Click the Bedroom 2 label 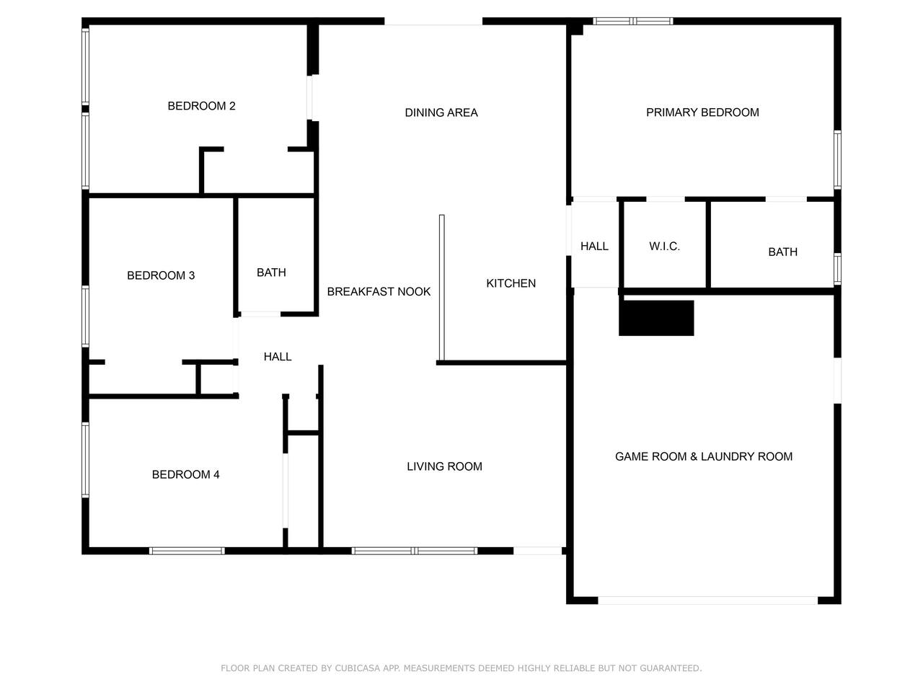(201, 106)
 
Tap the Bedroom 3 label (161, 275)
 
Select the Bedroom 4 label (185, 474)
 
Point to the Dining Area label (441, 112)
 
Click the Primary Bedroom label (702, 112)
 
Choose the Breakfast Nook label (379, 292)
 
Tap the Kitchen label (511, 283)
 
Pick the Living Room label (444, 466)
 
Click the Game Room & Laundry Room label (704, 456)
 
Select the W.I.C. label (664, 247)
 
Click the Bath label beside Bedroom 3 (271, 272)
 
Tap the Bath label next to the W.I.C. (782, 252)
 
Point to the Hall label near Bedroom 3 (278, 357)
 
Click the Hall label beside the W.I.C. (594, 247)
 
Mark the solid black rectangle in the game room (656, 318)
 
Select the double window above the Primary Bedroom (633, 21)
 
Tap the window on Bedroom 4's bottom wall (187, 551)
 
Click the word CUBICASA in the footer (357, 668)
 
